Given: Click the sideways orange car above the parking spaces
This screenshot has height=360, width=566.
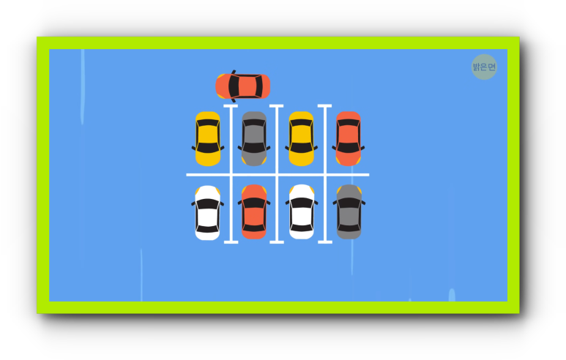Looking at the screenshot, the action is [x=243, y=86].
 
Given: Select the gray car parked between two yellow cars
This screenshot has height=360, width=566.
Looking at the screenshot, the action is [x=254, y=138].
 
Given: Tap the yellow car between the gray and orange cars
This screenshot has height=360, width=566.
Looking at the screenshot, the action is [x=301, y=138].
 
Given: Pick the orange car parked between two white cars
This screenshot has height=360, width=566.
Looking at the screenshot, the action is [x=254, y=211].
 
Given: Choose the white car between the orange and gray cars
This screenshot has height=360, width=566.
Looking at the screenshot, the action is [x=301, y=211].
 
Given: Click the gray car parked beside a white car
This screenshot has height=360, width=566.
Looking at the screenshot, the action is [x=349, y=211].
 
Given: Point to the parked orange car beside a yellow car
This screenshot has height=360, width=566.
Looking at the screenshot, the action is [x=349, y=138].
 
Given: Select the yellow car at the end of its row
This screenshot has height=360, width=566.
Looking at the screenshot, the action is [x=208, y=138].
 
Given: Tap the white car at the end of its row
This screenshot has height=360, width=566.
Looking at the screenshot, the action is [x=208, y=211].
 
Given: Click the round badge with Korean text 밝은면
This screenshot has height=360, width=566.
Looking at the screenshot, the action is [x=484, y=67].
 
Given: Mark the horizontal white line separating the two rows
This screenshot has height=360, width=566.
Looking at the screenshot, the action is [x=278, y=175].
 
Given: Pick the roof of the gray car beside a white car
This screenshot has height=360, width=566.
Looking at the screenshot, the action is [x=349, y=215].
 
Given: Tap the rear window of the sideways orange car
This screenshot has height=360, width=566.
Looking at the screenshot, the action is [x=258, y=86].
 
